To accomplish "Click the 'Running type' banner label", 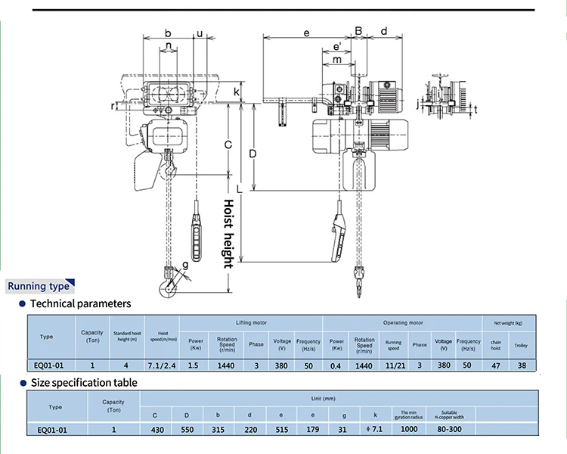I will tap(39, 287).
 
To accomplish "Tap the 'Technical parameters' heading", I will tap(79, 303).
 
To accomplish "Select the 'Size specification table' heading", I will tap(83, 383).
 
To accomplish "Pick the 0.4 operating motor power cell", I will tap(336, 365).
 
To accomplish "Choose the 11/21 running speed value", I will tap(393, 365).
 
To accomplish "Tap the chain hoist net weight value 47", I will tap(495, 365).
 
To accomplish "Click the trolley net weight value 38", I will tap(522, 365).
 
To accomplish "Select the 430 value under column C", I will tap(156, 429).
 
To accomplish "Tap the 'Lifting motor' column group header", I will tap(252, 322).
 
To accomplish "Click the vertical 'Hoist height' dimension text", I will tap(228, 234).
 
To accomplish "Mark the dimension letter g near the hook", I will tap(186, 264).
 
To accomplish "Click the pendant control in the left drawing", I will tap(197, 229).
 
